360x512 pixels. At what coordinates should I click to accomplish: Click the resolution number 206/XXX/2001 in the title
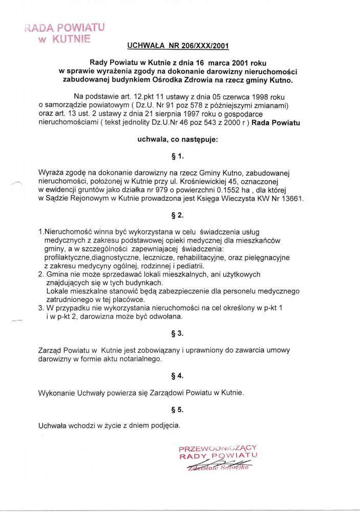pyautogui.click(x=200, y=46)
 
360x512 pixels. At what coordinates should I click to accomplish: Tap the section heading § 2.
pyautogui.click(x=179, y=215)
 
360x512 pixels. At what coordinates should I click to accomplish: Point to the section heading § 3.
pyautogui.click(x=179, y=333)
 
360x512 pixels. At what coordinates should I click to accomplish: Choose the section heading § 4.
pyautogui.click(x=179, y=376)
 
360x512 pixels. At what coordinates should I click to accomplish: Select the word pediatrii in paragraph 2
pyautogui.click(x=189, y=266)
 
